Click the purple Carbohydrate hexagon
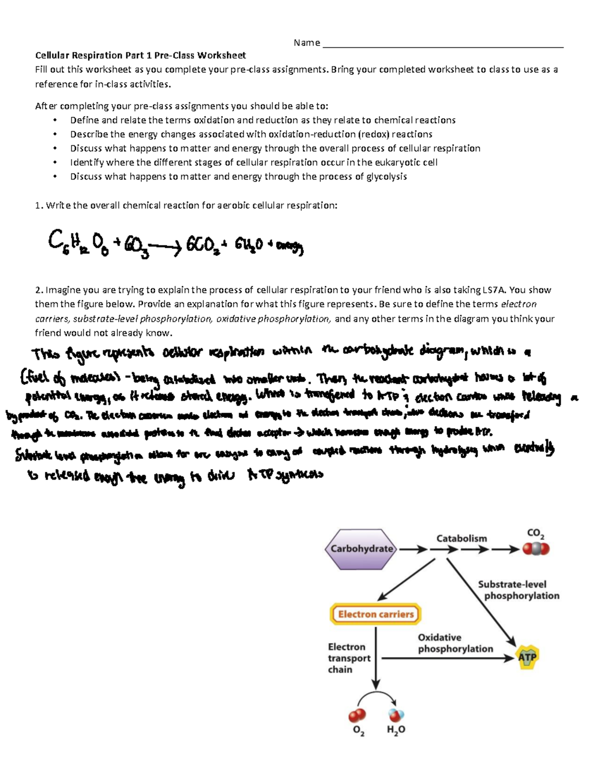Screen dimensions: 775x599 coord(361,549)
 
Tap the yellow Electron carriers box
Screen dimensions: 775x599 coord(375,614)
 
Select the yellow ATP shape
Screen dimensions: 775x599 coord(527,657)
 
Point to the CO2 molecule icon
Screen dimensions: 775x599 coord(536,549)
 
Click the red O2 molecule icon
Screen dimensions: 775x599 coord(357,716)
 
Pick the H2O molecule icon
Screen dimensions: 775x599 coord(396,715)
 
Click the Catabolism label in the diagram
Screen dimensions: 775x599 coord(461,538)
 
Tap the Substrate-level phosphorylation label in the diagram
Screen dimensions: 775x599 coord(518,590)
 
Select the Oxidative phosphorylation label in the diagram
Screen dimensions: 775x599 coord(455,643)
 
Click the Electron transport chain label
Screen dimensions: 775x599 coord(348,658)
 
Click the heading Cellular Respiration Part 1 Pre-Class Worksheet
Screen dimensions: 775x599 coord(140,55)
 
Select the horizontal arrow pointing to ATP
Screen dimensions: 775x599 coord(447,658)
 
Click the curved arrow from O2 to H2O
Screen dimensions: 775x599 coord(377,695)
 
